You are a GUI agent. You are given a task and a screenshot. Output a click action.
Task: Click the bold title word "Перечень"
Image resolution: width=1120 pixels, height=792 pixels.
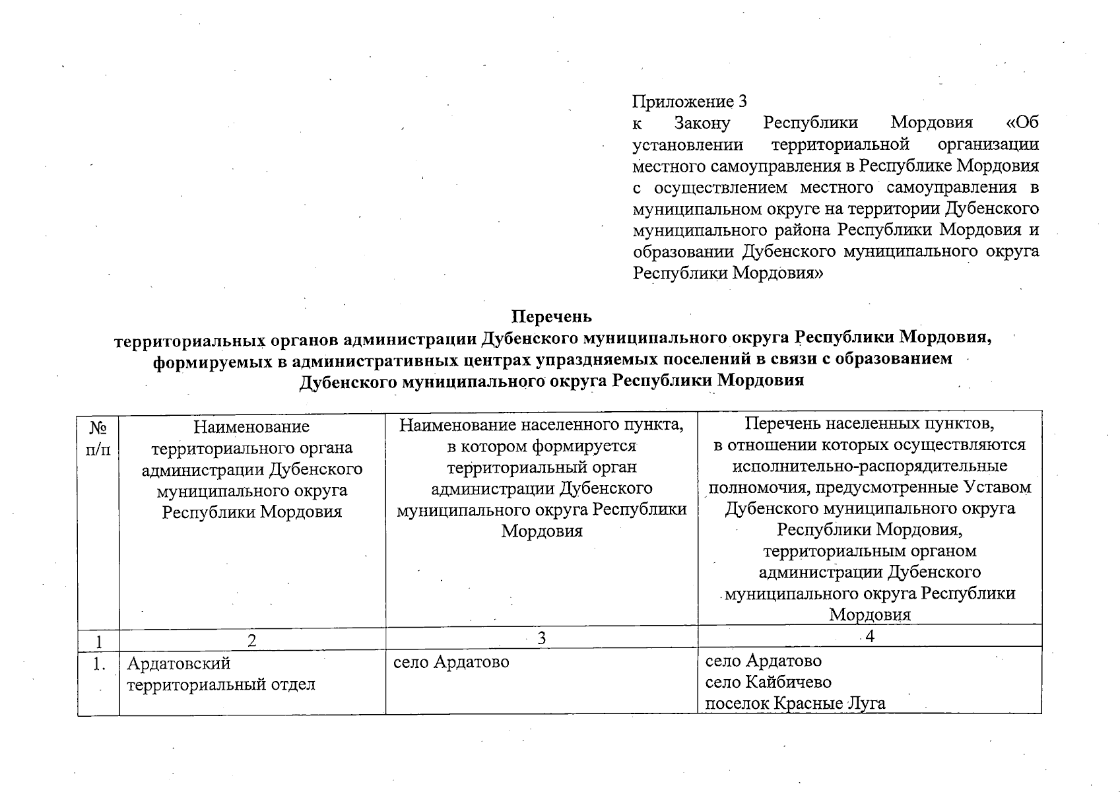tap(553, 317)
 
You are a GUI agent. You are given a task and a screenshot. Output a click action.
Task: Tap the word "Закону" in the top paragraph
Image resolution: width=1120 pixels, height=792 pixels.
tap(702, 123)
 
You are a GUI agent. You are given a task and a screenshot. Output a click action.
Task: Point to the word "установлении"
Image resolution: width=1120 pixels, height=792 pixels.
tap(688, 145)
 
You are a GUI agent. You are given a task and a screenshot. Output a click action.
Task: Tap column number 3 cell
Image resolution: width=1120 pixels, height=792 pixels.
tap(542, 638)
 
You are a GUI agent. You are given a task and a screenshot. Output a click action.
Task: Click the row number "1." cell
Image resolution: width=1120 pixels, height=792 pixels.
tap(98, 664)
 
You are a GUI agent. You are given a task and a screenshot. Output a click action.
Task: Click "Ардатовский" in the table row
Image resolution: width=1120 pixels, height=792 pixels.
tap(178, 663)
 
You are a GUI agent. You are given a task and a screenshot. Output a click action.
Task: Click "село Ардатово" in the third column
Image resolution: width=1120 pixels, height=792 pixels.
tap(451, 661)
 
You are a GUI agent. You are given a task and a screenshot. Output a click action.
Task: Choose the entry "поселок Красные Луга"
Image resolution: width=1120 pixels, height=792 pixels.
tap(795, 704)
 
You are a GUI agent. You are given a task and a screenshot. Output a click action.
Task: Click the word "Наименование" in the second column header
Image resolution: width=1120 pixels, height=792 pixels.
tap(251, 427)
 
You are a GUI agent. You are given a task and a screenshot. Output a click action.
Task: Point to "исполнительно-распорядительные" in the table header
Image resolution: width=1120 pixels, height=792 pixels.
tap(870, 466)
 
